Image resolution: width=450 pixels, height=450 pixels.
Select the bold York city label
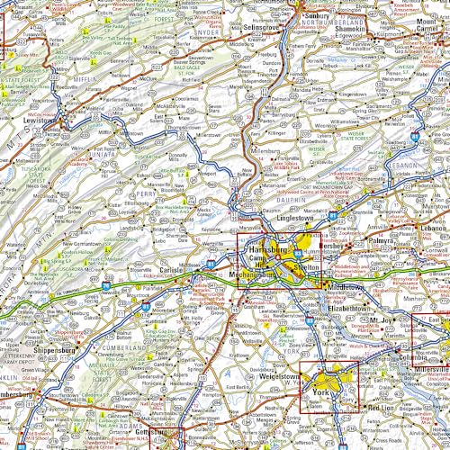coord(322,393)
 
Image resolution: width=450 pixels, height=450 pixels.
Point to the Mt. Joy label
coord(383,319)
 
